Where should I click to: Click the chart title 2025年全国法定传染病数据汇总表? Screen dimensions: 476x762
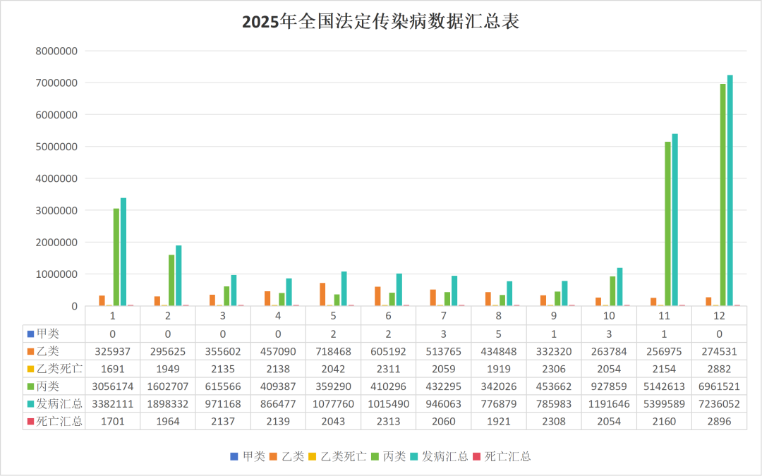coord(380,22)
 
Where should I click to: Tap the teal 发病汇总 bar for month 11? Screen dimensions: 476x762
coord(675,219)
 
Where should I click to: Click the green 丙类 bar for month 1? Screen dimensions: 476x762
coord(116,257)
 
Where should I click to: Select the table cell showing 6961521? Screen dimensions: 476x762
coord(720,386)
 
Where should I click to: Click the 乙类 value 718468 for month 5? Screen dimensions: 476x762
coord(333,350)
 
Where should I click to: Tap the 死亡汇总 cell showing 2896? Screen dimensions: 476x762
coord(720,422)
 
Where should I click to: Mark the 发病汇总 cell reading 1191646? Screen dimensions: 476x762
coord(609,404)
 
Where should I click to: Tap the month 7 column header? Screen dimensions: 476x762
coord(444,315)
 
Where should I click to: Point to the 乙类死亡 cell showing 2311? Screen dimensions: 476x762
coord(388,368)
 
